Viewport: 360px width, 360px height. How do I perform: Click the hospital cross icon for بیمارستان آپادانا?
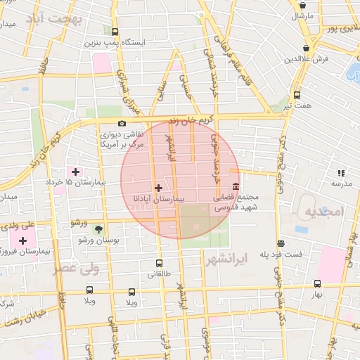pos(158,188)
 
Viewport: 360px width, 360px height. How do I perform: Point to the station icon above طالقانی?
pos(158,264)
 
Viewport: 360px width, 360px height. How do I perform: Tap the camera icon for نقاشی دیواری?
pos(122,124)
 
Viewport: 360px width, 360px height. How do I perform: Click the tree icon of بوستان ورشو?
pos(98,229)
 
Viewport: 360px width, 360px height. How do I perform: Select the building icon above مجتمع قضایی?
pos(235,188)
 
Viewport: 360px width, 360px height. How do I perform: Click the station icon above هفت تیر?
pos(297,95)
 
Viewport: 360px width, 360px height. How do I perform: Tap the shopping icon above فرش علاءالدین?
pos(305,48)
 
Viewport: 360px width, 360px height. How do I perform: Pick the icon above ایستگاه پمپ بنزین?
pos(115,32)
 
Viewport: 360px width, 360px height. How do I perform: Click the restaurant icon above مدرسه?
pos(341,173)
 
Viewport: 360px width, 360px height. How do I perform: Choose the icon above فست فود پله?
pos(281,243)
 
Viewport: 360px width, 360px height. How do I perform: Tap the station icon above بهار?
pos(318,283)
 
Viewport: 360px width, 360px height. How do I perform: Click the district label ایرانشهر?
pos(229,259)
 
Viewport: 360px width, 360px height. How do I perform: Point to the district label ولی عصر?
pos(76,269)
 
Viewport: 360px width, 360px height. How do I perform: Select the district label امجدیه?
pos(324,212)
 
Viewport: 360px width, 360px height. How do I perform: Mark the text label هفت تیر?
pos(297,105)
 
